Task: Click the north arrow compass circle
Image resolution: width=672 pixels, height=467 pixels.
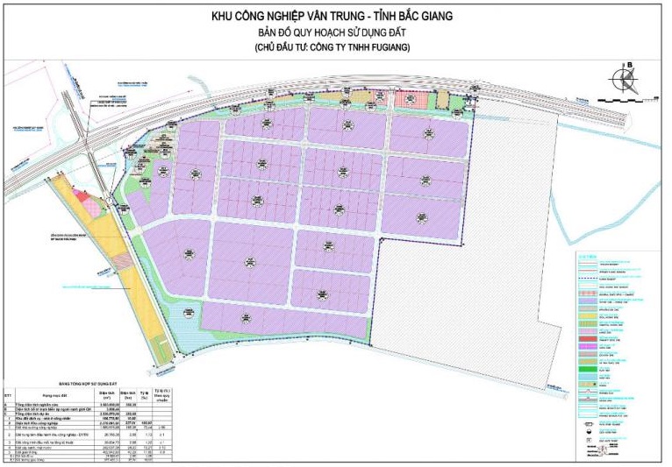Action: [627, 78]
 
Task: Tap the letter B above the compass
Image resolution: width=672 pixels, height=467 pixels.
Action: [628, 63]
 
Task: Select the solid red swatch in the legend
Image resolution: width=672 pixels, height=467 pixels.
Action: [586, 337]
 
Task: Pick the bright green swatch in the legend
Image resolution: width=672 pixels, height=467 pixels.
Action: [586, 378]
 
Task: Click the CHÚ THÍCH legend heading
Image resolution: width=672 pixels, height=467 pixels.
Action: [587, 256]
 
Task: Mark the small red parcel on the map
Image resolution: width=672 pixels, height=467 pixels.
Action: [84, 199]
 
